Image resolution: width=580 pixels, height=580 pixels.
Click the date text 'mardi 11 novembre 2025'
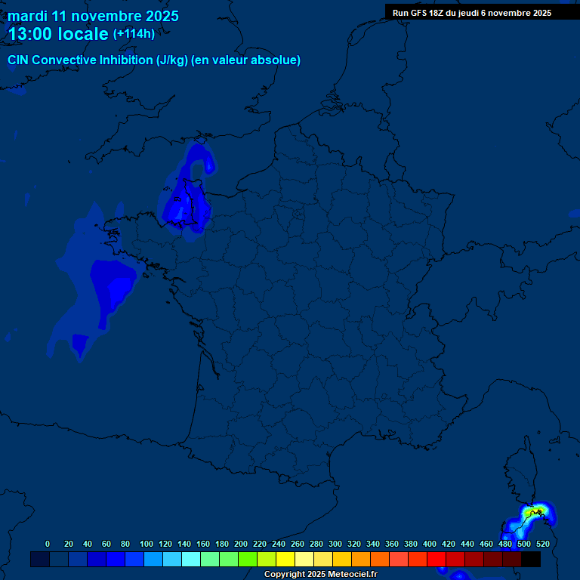(x=93, y=16)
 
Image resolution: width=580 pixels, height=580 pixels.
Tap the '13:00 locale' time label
(x=58, y=34)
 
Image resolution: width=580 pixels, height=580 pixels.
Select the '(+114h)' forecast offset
(x=134, y=33)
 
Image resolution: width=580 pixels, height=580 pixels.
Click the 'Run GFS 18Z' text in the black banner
(x=418, y=13)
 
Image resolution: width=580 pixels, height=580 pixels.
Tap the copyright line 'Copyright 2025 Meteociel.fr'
(x=320, y=575)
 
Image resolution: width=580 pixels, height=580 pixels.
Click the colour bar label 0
(x=48, y=544)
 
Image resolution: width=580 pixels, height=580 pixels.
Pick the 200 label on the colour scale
(x=241, y=544)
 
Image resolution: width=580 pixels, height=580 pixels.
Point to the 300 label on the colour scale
(x=335, y=544)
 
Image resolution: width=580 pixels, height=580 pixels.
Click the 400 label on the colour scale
(x=430, y=544)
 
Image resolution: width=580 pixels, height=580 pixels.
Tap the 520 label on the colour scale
(x=542, y=544)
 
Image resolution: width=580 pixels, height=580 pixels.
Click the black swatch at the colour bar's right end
(x=531, y=559)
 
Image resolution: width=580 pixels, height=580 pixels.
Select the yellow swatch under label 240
(x=267, y=559)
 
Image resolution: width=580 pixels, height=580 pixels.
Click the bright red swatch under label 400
(x=437, y=559)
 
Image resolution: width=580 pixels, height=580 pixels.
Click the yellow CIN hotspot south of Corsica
(x=529, y=514)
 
